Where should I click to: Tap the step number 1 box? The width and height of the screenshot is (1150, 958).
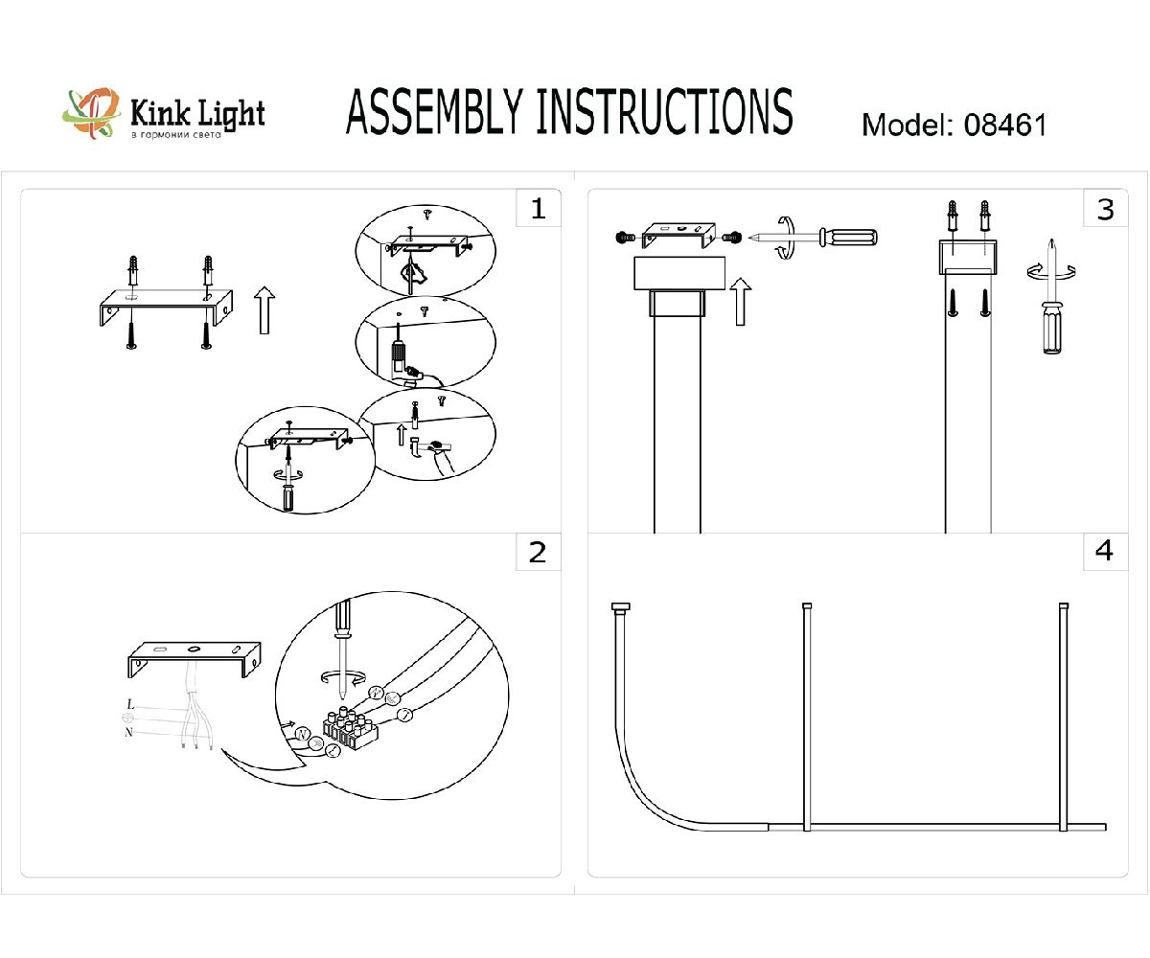point(538,209)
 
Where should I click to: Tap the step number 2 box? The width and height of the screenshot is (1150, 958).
point(538,553)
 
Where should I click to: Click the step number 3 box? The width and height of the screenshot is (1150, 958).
point(1105,209)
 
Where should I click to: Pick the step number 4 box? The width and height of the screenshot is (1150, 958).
point(1105,553)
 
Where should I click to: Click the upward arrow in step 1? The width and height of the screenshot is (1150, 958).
point(264,312)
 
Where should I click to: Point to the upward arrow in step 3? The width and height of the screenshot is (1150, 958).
point(739,301)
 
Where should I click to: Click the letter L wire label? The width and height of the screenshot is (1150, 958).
point(130,705)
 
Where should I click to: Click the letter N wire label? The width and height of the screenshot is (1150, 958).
point(128,732)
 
